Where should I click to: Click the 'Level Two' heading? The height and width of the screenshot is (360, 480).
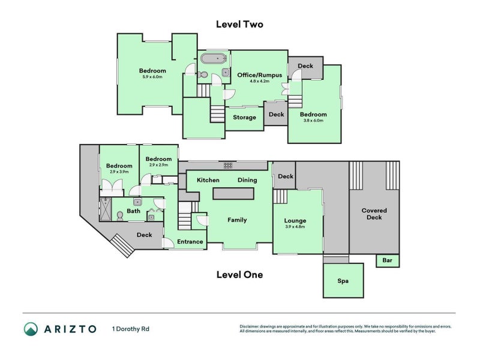(239, 25)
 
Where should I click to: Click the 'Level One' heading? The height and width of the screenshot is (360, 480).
(239, 275)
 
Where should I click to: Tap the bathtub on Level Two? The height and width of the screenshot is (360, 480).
(212, 59)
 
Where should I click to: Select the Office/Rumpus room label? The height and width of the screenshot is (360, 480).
(259, 75)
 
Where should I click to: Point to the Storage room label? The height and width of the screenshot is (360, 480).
(244, 118)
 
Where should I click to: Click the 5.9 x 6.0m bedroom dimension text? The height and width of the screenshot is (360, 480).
(152, 77)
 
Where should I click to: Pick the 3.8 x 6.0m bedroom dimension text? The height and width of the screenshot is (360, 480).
(313, 121)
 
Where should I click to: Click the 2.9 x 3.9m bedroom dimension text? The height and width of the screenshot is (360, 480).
(119, 172)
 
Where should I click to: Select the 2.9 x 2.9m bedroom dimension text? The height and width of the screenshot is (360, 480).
(159, 165)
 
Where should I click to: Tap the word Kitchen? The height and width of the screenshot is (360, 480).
(208, 180)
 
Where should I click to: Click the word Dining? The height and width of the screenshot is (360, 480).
(247, 180)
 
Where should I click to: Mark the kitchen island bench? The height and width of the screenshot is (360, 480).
(233, 194)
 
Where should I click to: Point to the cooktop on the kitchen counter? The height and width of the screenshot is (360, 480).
(228, 165)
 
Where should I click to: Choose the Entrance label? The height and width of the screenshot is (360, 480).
(190, 242)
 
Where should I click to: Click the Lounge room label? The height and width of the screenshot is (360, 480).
(295, 221)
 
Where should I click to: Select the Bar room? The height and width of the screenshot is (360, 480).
(387, 261)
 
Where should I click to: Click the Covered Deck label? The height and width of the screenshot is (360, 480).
(374, 214)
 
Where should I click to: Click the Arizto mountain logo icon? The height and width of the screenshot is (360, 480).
(31, 329)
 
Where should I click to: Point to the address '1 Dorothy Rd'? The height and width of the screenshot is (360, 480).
(131, 329)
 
